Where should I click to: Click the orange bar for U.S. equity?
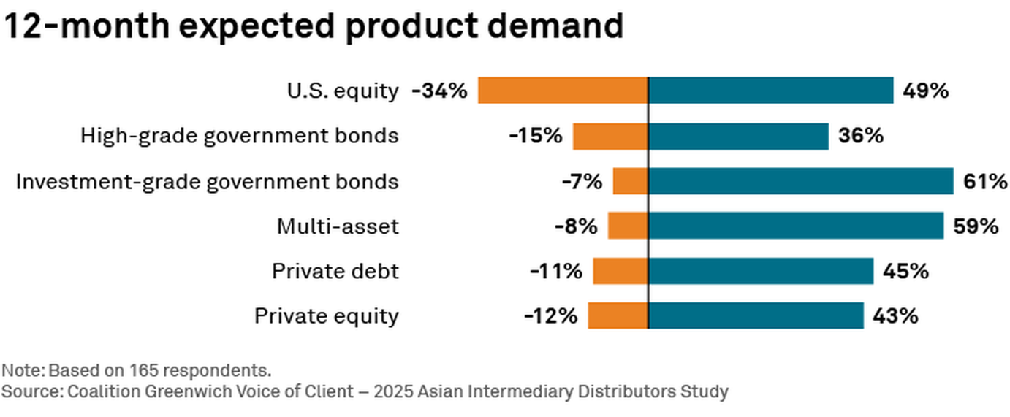coord(563,91)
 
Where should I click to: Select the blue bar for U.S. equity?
coord(770,91)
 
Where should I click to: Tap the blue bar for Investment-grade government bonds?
coord(800,181)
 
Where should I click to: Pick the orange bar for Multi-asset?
coord(628,226)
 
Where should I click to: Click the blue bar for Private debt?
coord(760,272)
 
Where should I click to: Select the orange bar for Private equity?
coord(618,316)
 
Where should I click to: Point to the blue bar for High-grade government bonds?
coord(738,136)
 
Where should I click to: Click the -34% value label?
coord(438,91)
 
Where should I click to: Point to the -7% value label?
coord(582,182)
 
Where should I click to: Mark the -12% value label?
coord(550,317)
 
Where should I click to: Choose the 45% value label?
coord(905,272)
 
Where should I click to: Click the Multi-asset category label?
coord(338,227)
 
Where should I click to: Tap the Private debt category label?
coord(335,272)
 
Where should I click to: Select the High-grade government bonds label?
coord(240,137)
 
